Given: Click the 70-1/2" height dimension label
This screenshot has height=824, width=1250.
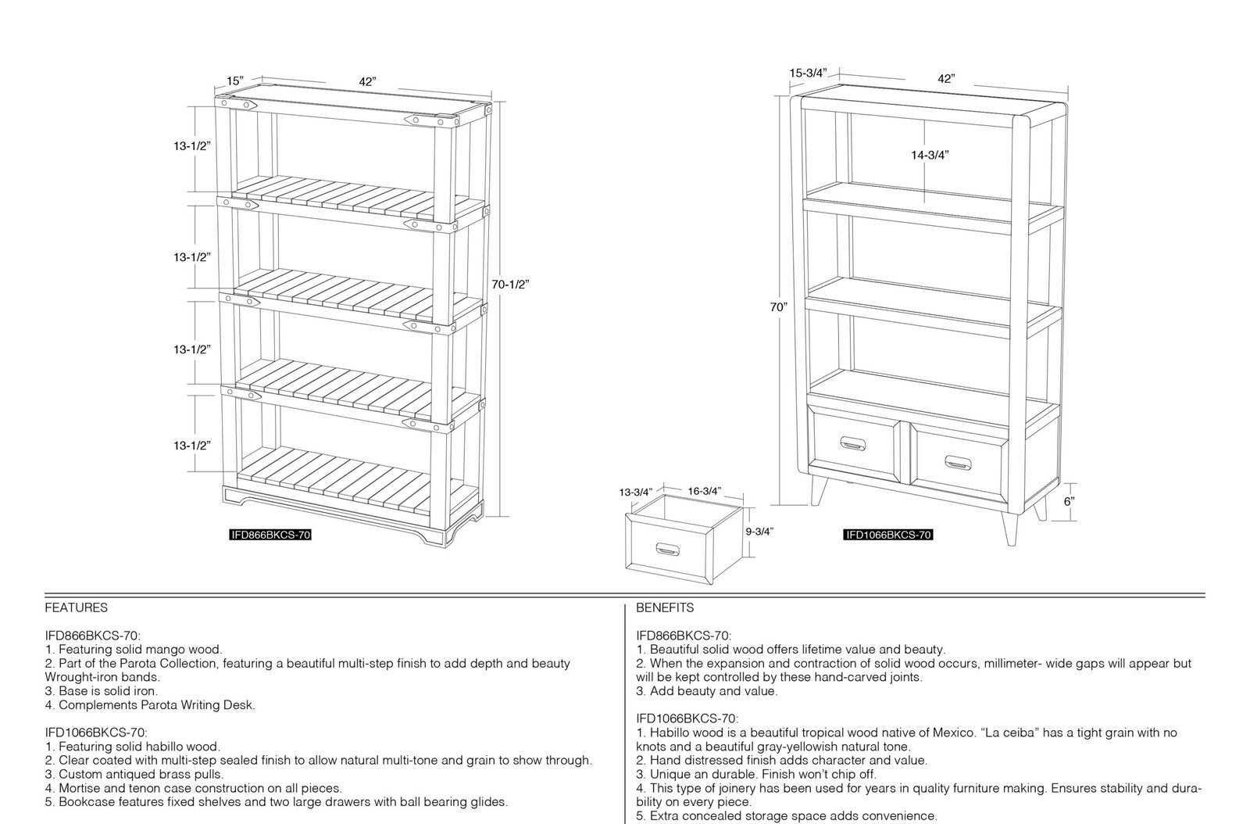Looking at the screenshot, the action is pos(510,284).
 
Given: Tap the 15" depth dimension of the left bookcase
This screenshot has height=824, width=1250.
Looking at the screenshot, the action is pos(235,81).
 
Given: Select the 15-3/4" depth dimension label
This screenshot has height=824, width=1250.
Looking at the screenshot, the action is pos(808,73).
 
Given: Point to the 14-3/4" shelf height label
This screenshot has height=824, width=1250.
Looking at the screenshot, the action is pos(930,156).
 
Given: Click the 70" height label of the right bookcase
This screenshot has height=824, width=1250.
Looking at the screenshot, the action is pos(778,307).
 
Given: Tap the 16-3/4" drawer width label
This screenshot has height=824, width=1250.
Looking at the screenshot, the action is pos(704,491).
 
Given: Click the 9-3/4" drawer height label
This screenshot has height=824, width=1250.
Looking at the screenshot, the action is pos(759,532).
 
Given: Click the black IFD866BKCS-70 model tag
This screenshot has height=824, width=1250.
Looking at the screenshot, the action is pos(270,535).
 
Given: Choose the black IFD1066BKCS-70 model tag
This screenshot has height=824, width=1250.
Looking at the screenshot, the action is pos(887,535).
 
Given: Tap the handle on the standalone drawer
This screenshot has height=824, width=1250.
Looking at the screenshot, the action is pos(667,550).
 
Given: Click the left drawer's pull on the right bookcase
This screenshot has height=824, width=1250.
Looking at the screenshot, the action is pos(852,444).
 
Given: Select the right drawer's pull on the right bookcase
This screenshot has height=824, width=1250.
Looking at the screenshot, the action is pos(958,463).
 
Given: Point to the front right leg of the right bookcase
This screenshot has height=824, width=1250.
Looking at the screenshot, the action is pos(1009,528).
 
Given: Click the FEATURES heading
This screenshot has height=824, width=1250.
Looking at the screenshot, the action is pos(77,607).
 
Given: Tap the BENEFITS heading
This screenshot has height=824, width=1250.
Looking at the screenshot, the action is pos(665,607).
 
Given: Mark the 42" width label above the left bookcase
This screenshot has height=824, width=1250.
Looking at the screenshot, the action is pos(367,81).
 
